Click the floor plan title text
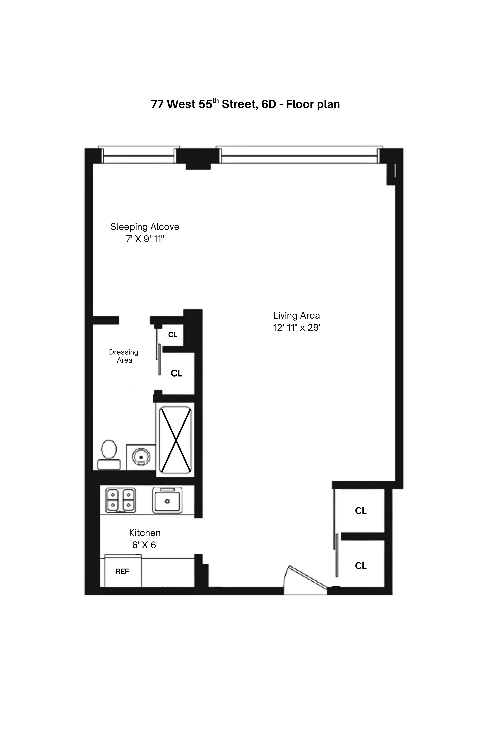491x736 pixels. point(245,104)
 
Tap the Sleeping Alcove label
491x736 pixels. point(145,227)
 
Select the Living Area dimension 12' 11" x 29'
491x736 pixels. point(296,328)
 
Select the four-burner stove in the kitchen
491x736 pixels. point(121,501)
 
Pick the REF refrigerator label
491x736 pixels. point(122,571)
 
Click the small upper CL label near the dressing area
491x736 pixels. point(173,335)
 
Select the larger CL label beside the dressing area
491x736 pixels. point(176,373)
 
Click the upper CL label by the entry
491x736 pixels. point(361,511)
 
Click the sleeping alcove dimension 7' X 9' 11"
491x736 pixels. point(145,239)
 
